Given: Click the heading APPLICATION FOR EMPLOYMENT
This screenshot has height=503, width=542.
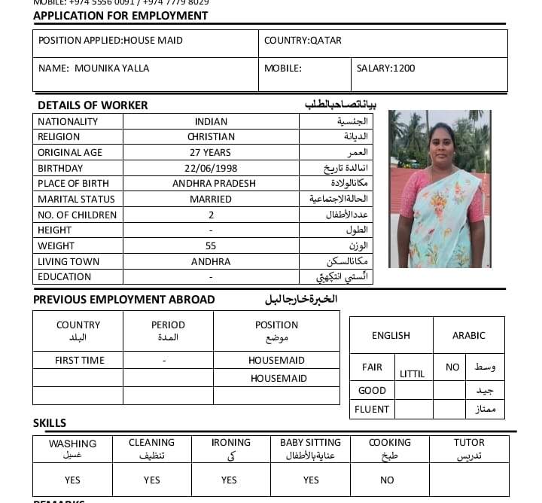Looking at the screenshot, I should (x=120, y=16).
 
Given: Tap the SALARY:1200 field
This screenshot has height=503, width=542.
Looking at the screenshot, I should (x=385, y=69).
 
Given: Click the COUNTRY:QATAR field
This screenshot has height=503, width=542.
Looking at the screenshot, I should (x=303, y=41).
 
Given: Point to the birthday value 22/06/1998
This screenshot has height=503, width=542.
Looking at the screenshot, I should (x=211, y=168).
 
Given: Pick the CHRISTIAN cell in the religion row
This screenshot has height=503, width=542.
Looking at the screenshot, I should (x=211, y=137).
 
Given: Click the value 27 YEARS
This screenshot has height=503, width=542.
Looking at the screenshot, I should (x=211, y=153).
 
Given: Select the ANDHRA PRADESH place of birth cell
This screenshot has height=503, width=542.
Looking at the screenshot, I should (x=214, y=184).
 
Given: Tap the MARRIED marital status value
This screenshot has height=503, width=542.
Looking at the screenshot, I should (x=211, y=200).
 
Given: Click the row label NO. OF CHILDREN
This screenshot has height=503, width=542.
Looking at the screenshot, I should (x=78, y=215).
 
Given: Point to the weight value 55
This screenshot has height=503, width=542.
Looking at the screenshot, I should (x=211, y=246).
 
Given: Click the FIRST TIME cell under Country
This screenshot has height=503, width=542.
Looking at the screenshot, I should (x=80, y=361).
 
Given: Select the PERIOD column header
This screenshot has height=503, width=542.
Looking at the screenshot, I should (x=168, y=325).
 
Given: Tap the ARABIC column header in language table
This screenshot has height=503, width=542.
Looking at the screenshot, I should (x=468, y=336).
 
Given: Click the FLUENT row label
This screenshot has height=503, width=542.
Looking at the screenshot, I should (x=373, y=410).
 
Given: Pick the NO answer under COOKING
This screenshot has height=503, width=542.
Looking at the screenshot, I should (x=387, y=480).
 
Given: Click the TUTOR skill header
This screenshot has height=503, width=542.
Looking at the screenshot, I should (x=469, y=443).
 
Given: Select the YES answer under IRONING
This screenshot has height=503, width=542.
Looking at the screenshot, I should (x=229, y=480).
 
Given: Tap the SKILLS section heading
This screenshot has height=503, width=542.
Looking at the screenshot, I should (x=50, y=423).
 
